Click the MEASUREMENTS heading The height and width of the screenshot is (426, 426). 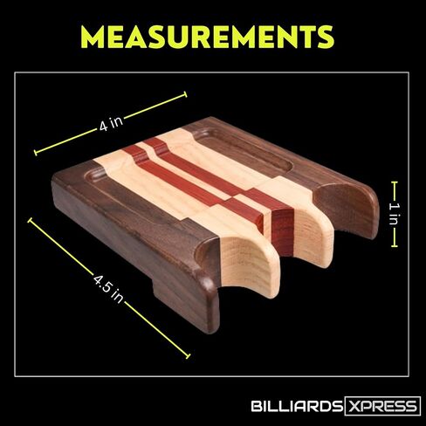pos(207,37)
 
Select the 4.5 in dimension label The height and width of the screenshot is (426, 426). pos(108,288)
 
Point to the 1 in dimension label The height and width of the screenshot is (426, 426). pos(395,214)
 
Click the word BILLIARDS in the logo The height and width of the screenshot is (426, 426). pos(297,406)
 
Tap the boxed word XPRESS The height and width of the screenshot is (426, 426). pos(382,406)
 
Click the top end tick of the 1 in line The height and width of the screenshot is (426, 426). pos(395,182)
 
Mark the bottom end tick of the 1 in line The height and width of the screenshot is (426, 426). pos(395,246)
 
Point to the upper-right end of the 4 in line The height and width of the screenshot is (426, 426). pos(184,94)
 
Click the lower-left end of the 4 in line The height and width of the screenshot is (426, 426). pos(36,153)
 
